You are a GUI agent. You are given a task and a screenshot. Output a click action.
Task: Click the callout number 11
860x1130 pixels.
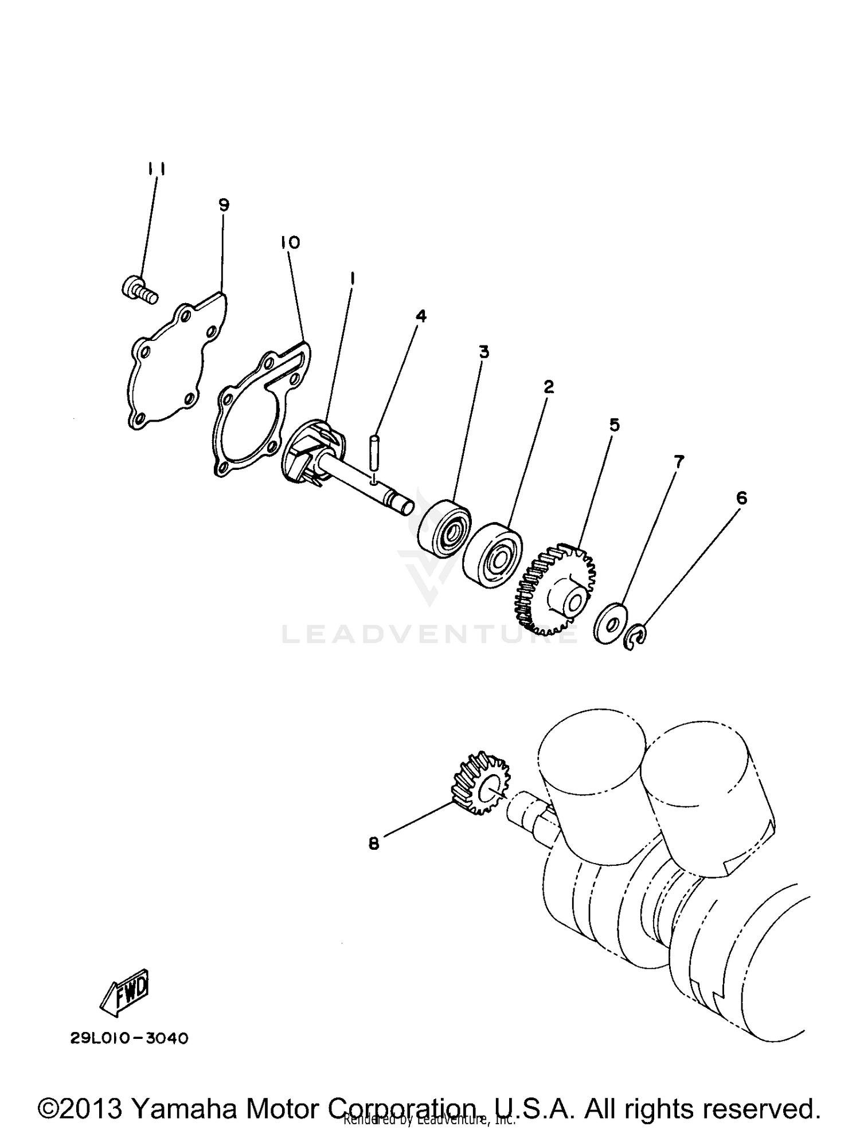pos(156,169)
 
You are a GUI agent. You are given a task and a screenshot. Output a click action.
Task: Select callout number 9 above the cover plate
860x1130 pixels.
pos(224,205)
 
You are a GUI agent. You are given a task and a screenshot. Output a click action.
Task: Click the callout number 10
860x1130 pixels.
pos(290,242)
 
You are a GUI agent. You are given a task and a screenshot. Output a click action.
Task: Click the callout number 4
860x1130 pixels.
pos(421,316)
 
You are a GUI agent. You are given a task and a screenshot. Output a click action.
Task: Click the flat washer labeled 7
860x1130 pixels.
pos(609,622)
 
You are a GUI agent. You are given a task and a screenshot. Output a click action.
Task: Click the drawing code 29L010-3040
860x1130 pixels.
pos(130,1039)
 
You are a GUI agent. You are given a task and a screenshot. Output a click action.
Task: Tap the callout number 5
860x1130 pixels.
pos(614,425)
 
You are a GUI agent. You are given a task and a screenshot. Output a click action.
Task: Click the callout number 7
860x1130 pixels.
pos(678,461)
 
